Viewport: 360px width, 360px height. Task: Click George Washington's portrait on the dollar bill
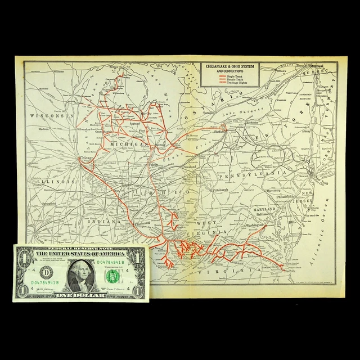(x=83, y=274)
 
